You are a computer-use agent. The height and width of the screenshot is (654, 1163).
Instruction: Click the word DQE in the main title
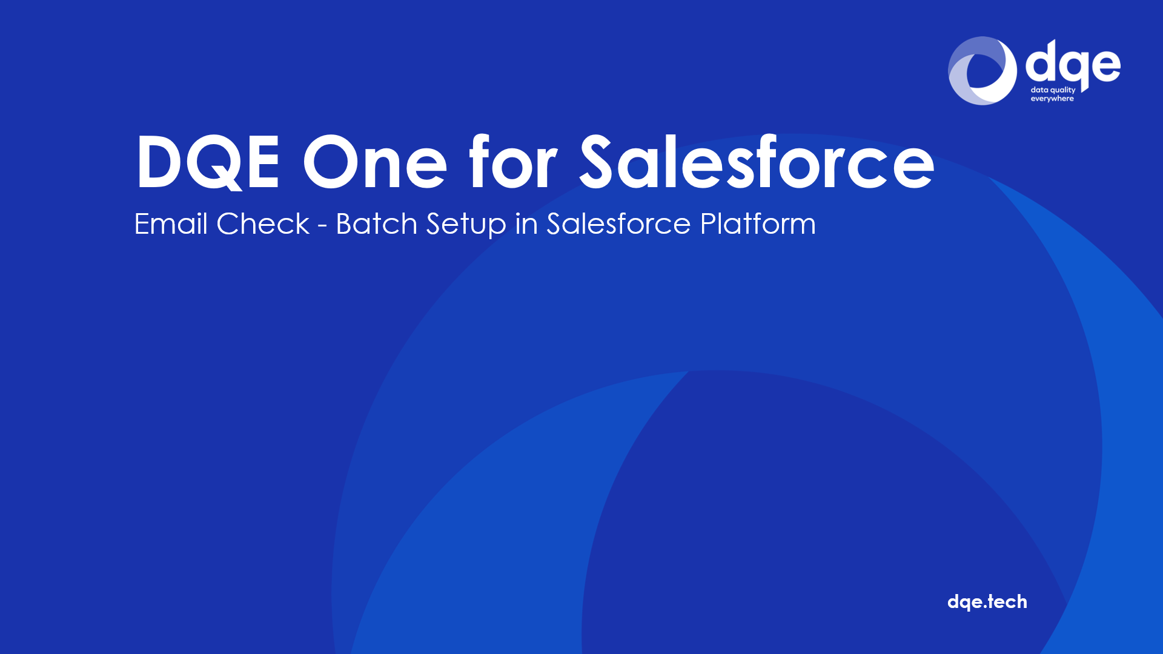208,162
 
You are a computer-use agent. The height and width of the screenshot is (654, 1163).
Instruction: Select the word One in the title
375,162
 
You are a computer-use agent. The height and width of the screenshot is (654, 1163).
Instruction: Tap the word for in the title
512,160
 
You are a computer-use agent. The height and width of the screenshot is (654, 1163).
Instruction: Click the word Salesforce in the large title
757,160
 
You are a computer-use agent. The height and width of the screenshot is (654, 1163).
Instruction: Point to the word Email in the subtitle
171,223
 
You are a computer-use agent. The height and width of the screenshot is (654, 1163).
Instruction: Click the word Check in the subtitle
263,223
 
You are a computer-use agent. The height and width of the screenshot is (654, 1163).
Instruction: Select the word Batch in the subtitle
377,223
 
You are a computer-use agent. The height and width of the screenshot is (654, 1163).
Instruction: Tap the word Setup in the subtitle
466,225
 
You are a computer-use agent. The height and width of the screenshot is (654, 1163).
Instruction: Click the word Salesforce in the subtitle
618,223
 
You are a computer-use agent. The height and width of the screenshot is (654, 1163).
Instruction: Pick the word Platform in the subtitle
758,223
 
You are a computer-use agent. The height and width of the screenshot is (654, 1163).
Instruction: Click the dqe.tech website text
987,602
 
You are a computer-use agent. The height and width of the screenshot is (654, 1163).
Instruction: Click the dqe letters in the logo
1073,63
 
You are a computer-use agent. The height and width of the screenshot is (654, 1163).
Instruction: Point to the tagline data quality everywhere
1053,94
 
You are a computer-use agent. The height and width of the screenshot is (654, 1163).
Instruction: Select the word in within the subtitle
526,223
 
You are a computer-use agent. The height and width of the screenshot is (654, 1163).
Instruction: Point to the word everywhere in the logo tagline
1052,99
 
